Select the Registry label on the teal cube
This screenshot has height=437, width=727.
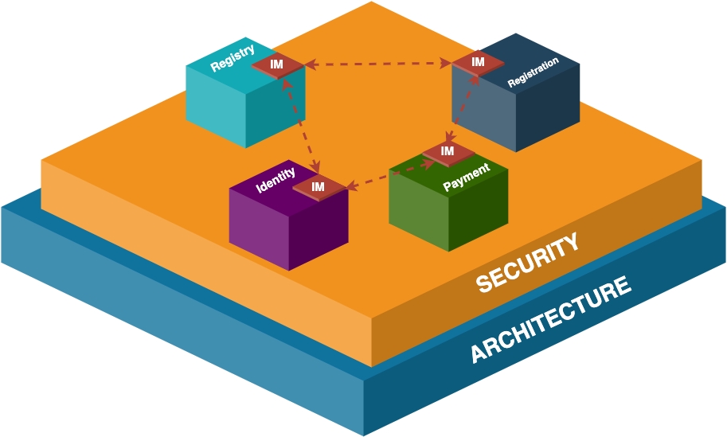click(x=233, y=59)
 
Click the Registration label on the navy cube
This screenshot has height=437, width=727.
click(x=533, y=72)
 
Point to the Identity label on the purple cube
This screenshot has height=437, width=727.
click(x=276, y=181)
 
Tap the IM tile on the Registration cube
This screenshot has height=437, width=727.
click(x=478, y=62)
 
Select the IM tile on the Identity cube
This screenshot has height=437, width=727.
click(x=319, y=187)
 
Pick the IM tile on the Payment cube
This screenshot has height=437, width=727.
click(x=448, y=150)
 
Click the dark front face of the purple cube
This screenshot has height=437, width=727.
click(x=319, y=231)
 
